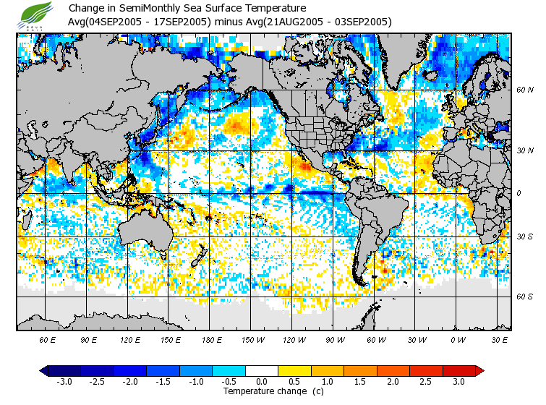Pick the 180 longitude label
coord(211,339)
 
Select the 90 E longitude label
coord(89,339)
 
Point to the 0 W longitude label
coord(458,339)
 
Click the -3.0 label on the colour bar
coord(64,381)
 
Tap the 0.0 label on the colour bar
coord(261,381)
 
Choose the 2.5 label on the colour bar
coord(426,381)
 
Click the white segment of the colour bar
coord(261,370)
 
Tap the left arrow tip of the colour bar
coord(42,370)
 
